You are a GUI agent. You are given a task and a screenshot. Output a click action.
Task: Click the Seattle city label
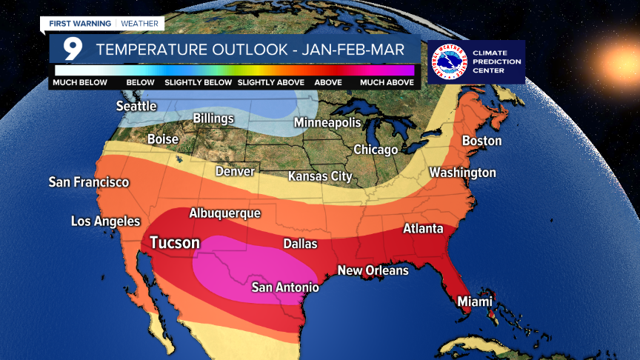(136, 106)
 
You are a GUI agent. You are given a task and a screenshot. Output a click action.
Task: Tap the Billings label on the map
(213, 119)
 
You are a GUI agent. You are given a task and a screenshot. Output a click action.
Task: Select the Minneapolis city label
(327, 122)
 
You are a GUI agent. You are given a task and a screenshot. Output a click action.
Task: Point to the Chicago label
(376, 150)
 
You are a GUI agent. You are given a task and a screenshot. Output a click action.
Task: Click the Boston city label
(481, 141)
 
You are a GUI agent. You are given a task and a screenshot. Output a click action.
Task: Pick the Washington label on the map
(462, 173)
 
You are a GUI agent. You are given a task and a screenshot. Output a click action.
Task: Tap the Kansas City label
(320, 176)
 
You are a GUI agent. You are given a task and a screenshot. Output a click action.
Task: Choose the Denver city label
(235, 171)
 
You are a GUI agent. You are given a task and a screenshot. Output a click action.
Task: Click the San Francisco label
(89, 181)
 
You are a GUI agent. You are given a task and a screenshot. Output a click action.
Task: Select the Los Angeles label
(105, 221)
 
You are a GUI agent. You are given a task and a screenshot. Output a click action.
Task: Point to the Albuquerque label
(225, 213)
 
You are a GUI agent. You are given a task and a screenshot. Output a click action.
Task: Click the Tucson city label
(175, 242)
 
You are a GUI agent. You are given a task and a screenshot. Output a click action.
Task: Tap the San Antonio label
(285, 287)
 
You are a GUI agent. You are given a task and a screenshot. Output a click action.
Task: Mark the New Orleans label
(373, 270)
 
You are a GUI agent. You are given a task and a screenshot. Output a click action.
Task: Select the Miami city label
(475, 301)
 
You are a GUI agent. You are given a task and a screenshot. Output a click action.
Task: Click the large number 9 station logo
(72, 50)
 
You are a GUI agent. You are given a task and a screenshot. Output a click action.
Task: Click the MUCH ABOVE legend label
(387, 82)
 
